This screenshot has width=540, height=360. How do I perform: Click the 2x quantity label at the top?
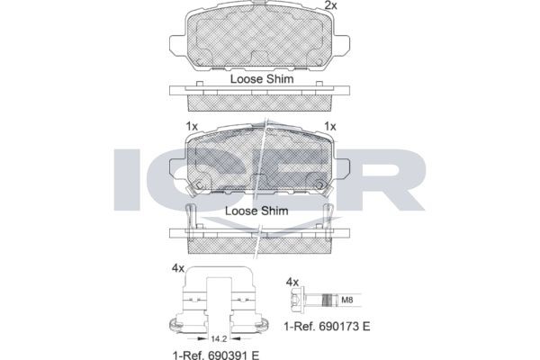pyautogui.click(x=331, y=5)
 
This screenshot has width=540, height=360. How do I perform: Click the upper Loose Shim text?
pyautogui.click(x=262, y=79)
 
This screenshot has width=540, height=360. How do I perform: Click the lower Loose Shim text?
pyautogui.click(x=256, y=211)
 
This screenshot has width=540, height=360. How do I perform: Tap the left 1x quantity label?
pyautogui.click(x=192, y=126)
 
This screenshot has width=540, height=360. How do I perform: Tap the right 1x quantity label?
pyautogui.click(x=330, y=126)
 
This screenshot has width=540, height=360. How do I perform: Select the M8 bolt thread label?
pyautogui.click(x=346, y=300)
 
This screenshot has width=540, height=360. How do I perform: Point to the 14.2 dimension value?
pyautogui.click(x=219, y=339)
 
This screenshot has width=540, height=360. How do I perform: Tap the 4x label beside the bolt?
pyautogui.click(x=292, y=283)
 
